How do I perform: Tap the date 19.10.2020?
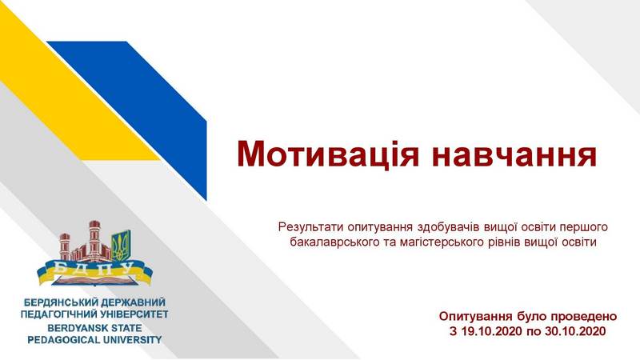click(492, 331)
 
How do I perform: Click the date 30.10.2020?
click(575, 331)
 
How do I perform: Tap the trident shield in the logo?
click(121, 246)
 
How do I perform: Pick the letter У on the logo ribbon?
click(127, 269)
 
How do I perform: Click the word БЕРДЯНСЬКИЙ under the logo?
click(60, 302)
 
